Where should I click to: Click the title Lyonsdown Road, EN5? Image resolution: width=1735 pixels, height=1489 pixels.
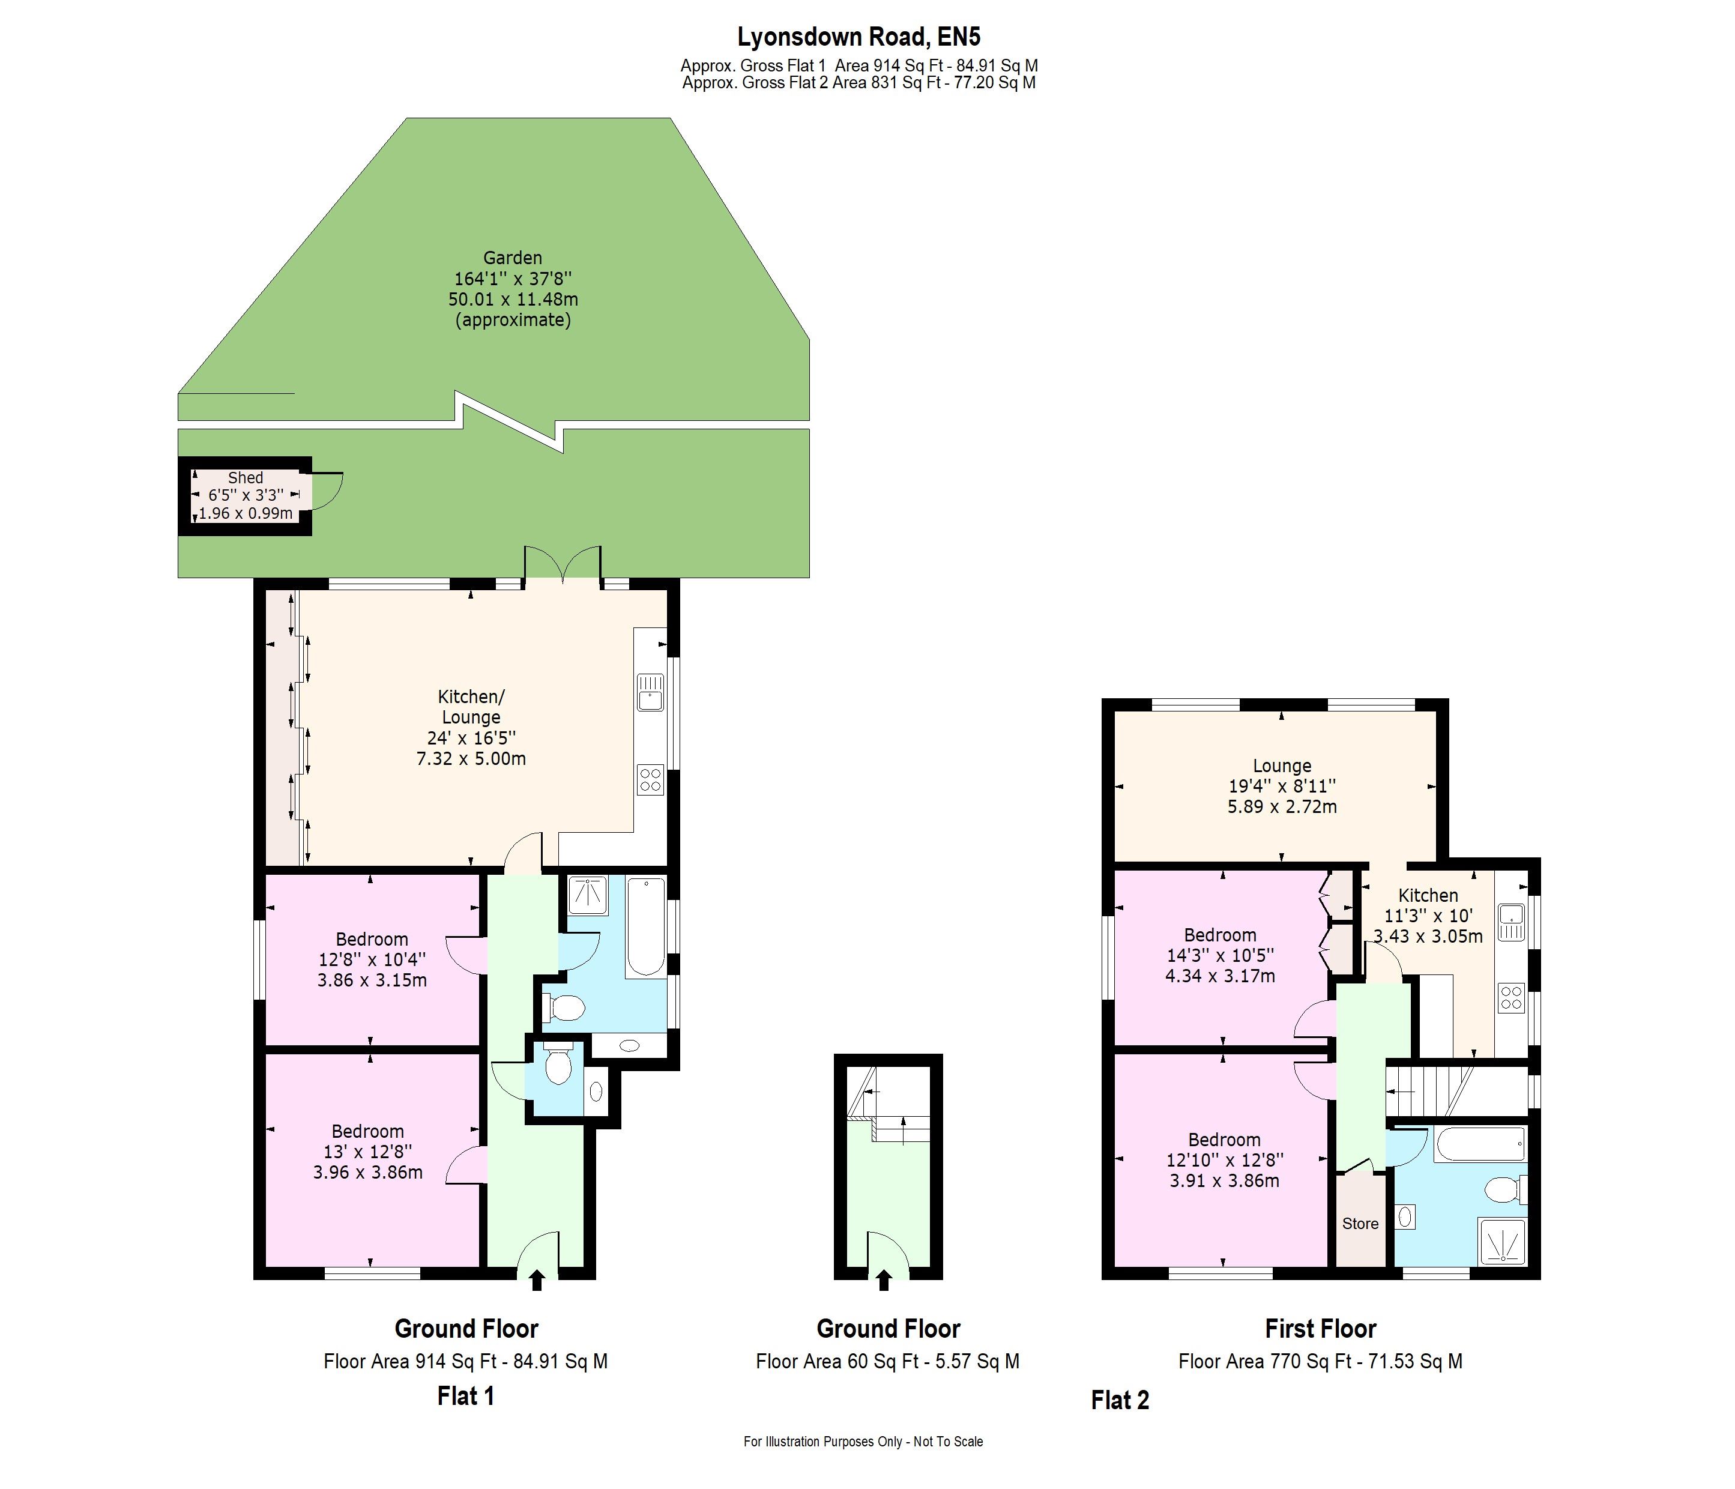[858, 37]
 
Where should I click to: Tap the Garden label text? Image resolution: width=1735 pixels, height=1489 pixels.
[513, 258]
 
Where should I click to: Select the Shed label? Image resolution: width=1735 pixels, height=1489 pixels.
[246, 478]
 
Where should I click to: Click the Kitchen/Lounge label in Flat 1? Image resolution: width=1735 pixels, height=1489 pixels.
[471, 707]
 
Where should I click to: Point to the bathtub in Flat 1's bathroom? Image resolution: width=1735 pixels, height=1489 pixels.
[645, 926]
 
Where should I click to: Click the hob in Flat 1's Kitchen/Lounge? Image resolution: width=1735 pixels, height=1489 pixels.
[651, 780]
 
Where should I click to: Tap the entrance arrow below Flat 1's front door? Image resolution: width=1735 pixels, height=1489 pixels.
[537, 1279]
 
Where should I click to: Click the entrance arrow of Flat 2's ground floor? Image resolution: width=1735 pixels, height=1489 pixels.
[884, 1279]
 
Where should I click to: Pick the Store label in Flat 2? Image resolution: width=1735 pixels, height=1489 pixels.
[1360, 1224]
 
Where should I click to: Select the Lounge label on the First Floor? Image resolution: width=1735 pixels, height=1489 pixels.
[1282, 766]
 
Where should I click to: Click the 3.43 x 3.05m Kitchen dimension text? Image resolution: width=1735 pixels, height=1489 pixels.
[1428, 936]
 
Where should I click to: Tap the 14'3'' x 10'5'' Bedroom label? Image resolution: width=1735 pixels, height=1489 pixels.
[1220, 955]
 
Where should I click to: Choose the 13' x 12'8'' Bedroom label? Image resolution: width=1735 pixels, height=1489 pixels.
[367, 1152]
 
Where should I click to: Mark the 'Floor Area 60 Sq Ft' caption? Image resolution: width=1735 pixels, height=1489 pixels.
[887, 1362]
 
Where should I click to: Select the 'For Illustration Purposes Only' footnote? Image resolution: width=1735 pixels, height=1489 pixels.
[863, 1441]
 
